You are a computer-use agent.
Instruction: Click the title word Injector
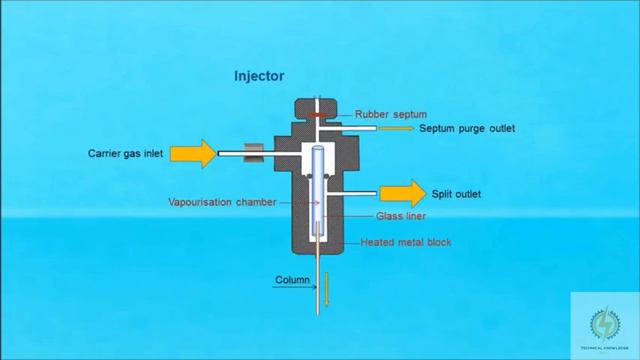[260, 76]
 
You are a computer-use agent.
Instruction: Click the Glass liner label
[398, 217]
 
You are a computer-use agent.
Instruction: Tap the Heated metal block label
[401, 243]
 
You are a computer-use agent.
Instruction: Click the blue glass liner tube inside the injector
[317, 185]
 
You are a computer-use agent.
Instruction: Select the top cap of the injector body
[316, 108]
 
